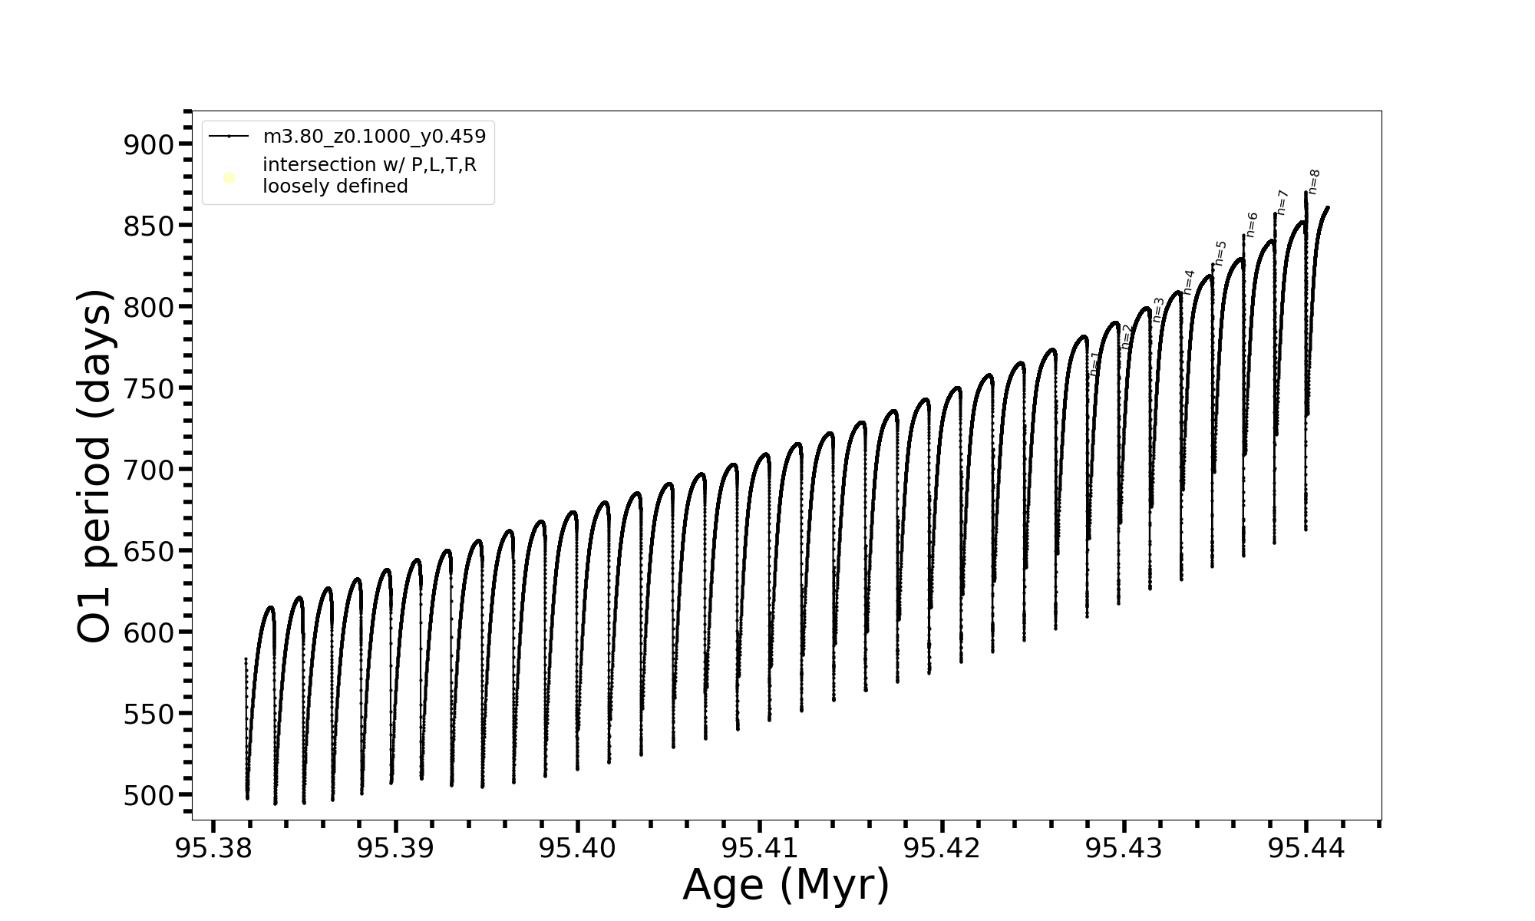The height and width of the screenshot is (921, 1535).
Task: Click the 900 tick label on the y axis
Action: [149, 144]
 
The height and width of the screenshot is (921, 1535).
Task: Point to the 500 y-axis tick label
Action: [149, 795]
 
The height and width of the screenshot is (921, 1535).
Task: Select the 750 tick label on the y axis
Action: [149, 388]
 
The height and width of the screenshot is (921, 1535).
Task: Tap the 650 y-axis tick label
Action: [149, 551]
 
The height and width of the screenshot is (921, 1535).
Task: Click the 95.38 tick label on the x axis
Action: [213, 848]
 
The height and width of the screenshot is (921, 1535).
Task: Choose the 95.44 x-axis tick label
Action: [1306, 848]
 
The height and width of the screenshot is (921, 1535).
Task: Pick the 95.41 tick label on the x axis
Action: [760, 848]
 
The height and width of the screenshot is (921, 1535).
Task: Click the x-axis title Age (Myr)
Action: [786, 885]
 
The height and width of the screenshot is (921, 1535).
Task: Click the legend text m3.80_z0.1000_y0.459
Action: [374, 137]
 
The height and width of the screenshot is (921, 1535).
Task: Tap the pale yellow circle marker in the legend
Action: [229, 178]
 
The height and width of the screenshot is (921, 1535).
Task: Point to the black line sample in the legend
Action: [229, 137]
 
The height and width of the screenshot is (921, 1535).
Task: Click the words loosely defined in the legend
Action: [335, 187]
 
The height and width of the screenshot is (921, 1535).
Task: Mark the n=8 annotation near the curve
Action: [1314, 182]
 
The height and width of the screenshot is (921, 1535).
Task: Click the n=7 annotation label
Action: [1282, 202]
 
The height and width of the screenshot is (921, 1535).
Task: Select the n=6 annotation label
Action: [1252, 225]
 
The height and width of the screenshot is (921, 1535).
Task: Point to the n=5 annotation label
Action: [1220, 253]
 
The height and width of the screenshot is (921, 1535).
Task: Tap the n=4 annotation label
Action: [1189, 282]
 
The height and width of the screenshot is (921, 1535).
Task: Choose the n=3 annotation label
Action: [1158, 309]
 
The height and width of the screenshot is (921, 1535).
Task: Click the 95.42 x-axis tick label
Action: [942, 848]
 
